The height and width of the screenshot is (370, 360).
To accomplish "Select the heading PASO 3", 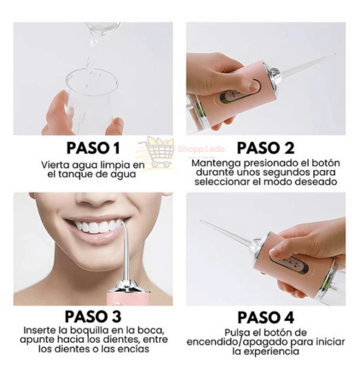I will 92,316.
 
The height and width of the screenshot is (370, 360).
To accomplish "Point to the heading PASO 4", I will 263,316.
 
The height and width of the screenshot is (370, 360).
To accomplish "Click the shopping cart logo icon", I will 159,152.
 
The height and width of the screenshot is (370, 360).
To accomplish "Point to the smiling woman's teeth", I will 94,226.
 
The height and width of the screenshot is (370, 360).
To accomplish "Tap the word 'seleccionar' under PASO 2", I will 220,181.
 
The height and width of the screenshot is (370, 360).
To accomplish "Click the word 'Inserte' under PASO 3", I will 40,331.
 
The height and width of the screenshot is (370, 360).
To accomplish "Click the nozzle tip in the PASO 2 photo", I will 331,56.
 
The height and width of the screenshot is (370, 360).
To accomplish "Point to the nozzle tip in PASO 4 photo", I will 203,221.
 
